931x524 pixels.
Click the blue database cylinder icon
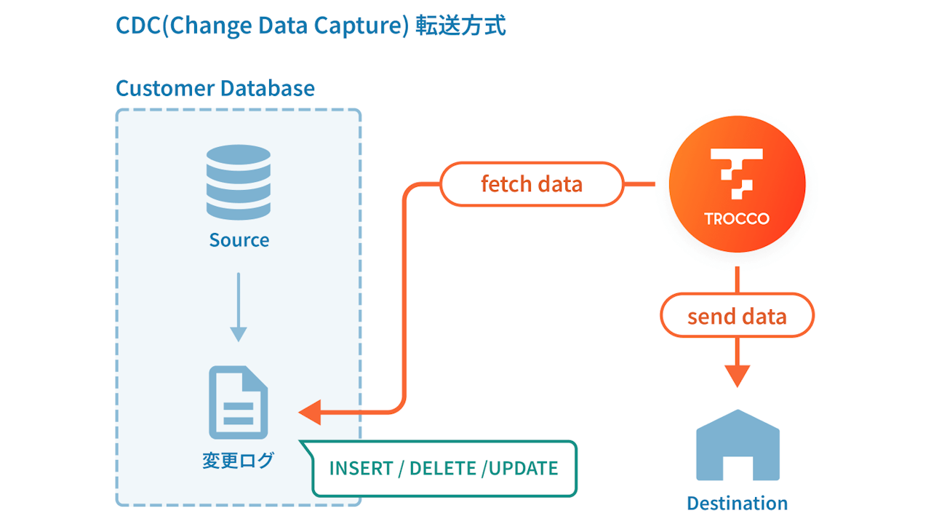click(x=238, y=176)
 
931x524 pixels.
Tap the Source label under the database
click(x=239, y=240)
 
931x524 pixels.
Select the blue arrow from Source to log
click(x=238, y=306)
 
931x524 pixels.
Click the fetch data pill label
click(x=532, y=183)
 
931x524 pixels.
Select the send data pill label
click(x=737, y=316)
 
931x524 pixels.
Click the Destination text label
click(x=737, y=503)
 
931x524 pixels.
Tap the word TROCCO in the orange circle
click(x=737, y=218)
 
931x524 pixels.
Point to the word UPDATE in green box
click(x=524, y=468)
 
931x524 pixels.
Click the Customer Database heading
click(x=215, y=89)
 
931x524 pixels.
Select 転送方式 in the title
click(x=460, y=25)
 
